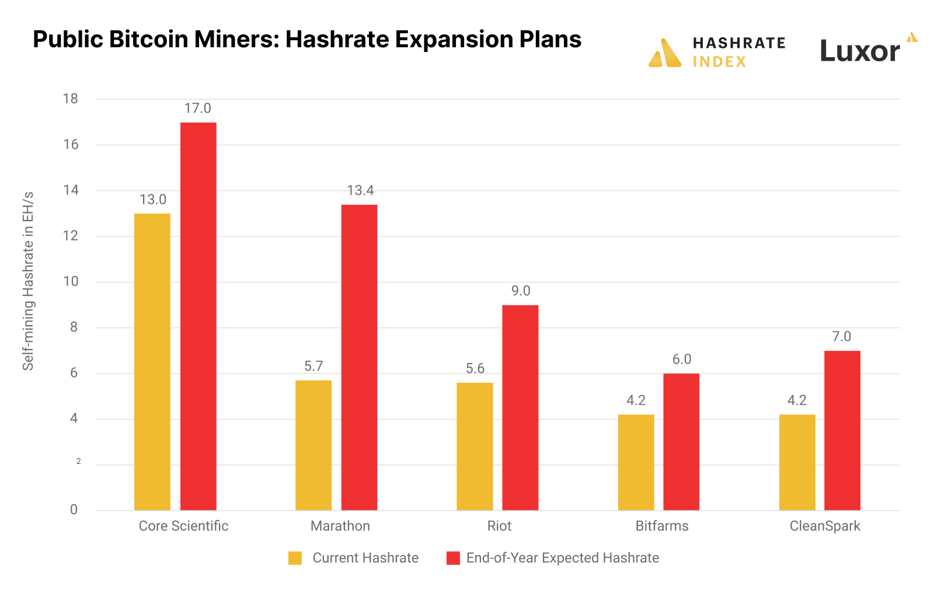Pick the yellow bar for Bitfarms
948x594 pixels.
click(636, 462)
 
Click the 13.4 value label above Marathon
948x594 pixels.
click(360, 191)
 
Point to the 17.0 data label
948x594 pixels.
click(198, 109)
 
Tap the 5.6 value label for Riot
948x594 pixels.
click(475, 369)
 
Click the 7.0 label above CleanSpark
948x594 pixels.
click(842, 337)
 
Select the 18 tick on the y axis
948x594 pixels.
click(71, 99)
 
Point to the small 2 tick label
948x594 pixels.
click(79, 462)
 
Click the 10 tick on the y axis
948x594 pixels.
click(71, 282)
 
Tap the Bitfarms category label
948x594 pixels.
click(662, 526)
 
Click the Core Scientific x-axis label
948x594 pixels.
click(183, 526)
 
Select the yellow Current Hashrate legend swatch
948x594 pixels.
click(295, 558)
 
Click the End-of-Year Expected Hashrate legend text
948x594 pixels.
click(562, 558)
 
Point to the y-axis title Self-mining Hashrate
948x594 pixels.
click(28, 281)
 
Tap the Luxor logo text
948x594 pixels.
click(859, 51)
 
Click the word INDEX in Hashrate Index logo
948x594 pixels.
click(719, 62)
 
